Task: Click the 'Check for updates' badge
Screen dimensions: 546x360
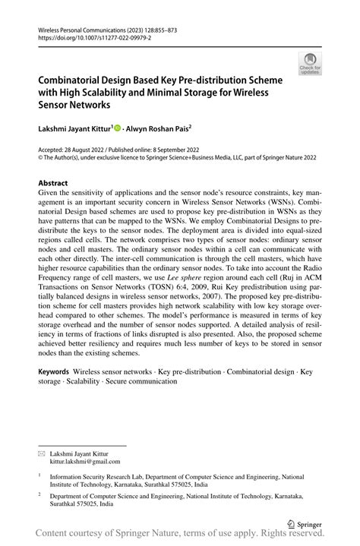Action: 310,65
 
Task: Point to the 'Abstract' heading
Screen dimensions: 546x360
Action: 54,184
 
